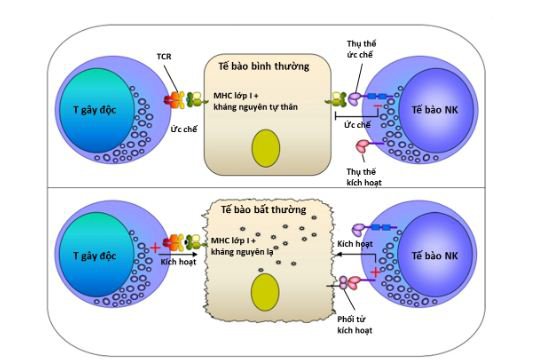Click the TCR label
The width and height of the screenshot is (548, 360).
pos(164,56)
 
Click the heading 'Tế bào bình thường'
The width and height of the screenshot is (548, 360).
pos(264,66)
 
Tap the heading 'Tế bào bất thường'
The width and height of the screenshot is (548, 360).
pos(263,210)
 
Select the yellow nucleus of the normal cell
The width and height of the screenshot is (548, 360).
pos(266,148)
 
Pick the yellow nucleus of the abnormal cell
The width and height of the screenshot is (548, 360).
pos(265,292)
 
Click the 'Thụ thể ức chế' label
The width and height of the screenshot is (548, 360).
pos(361,49)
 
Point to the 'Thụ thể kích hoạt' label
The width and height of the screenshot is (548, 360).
pos(364,177)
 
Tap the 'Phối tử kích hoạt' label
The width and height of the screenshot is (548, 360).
pos(355,325)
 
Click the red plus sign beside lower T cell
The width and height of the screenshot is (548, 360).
pos(155,248)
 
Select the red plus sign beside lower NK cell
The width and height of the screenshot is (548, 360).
pos(375,272)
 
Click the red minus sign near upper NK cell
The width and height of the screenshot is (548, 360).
pos(378,105)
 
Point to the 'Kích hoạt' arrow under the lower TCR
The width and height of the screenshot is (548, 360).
pos(178,254)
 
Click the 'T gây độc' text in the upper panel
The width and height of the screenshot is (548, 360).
pos(94,110)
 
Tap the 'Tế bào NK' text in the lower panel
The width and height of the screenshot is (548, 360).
pos(434,255)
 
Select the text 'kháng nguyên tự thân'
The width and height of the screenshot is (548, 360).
pos(255,107)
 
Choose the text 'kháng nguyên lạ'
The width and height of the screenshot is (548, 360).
pos(242,252)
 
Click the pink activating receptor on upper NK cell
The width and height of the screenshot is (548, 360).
pos(362,145)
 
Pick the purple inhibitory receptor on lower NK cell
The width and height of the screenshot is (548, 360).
pos(360,229)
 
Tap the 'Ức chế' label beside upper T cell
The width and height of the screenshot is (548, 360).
pos(184,129)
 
